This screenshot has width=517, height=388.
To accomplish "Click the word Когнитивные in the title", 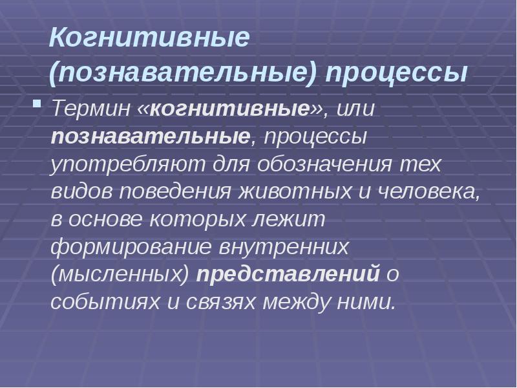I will click(149, 38).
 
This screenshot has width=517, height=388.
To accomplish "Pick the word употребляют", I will click(129, 164).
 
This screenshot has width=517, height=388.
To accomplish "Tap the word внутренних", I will click(284, 246).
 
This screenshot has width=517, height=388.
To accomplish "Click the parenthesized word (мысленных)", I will click(120, 274).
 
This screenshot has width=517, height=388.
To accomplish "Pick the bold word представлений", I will click(288, 274).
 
